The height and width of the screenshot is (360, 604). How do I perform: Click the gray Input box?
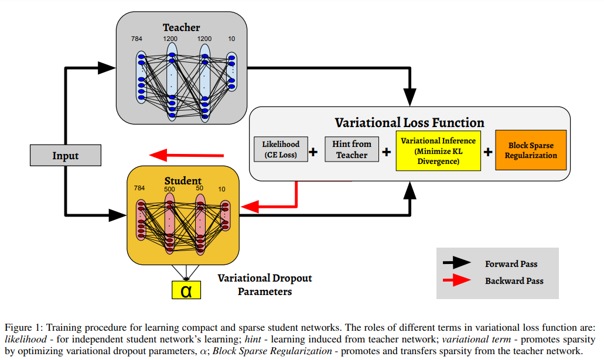pos(66,156)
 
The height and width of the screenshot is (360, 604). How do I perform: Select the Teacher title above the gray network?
pos(181,28)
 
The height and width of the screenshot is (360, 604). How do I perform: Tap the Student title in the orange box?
pos(183,181)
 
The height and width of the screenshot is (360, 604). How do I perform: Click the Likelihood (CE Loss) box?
pos(281,150)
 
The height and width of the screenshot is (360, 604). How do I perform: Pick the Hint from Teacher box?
pos(352,150)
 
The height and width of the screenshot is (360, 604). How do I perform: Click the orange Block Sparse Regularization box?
pos(530,150)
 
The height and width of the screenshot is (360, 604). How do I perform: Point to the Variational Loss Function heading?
pos(409,123)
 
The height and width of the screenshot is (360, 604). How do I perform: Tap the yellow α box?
pos(186,290)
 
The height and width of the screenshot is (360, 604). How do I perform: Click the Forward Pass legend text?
pos(511,264)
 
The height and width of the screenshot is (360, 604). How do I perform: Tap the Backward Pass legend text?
pos(514,281)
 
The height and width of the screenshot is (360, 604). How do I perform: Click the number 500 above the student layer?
pos(170,189)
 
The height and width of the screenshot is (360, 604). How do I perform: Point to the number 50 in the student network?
pos(200,188)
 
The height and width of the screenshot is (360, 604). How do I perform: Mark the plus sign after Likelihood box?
pos(313,152)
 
